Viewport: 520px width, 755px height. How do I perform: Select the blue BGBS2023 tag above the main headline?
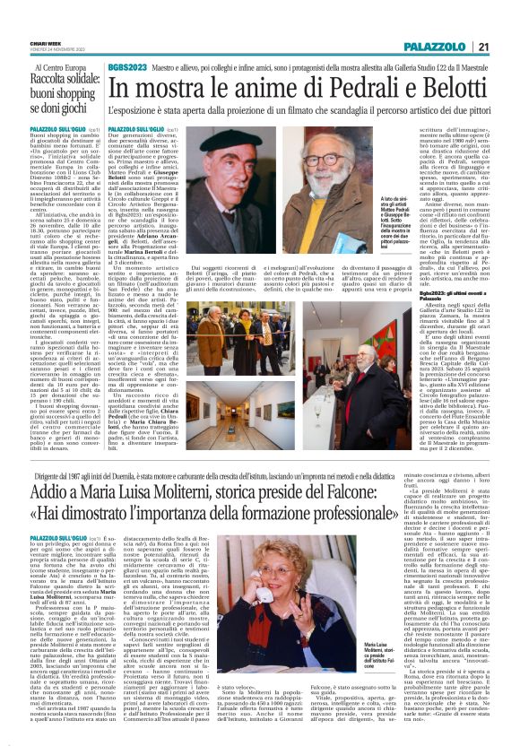(x=128, y=67)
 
